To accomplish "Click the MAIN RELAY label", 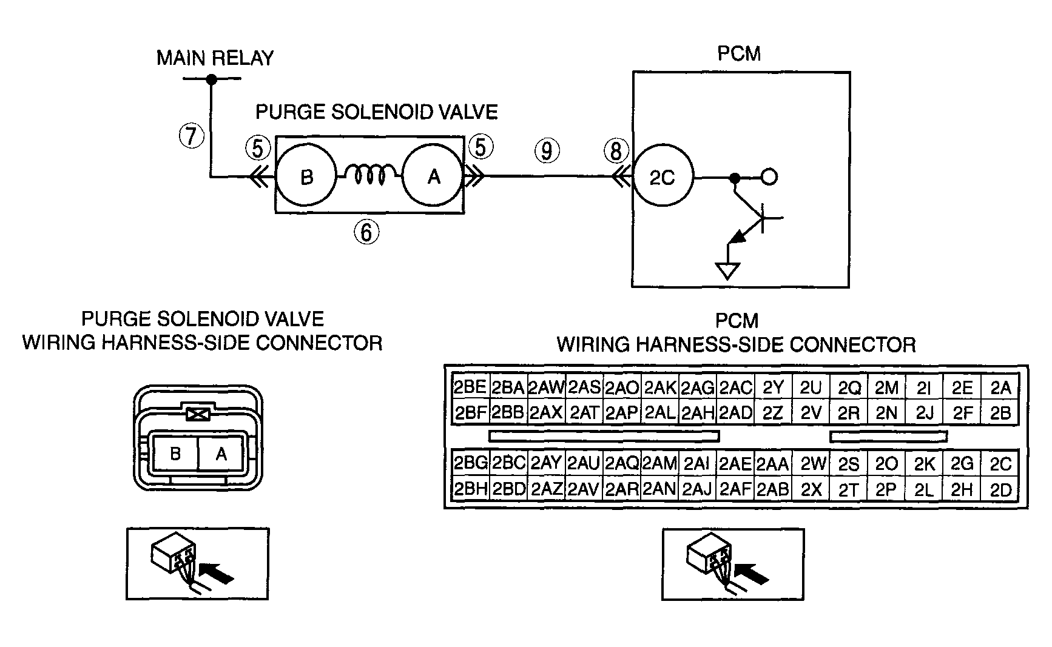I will pos(215,58).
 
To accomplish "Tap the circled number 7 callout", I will pos(192,135).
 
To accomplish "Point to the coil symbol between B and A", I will pos(369,175).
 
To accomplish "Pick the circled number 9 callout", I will pos(547,150).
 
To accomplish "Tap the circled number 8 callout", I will pos(616,150).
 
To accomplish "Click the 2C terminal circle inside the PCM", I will pos(663,178).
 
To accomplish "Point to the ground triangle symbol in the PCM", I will pos(728,270).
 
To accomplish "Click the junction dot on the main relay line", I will pos(211,79).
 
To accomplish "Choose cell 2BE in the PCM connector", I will pos(470,387).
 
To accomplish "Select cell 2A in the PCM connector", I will pos(1000,387).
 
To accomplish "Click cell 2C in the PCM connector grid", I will pos(1000,464).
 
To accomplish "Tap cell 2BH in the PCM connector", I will pos(470,489).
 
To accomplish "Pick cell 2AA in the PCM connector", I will pos(772,464).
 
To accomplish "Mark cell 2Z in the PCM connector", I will pos(772,413).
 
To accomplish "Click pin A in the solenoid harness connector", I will pos(221,454).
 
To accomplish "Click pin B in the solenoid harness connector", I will pos(175,454).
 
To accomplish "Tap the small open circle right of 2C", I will pos(769,178).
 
